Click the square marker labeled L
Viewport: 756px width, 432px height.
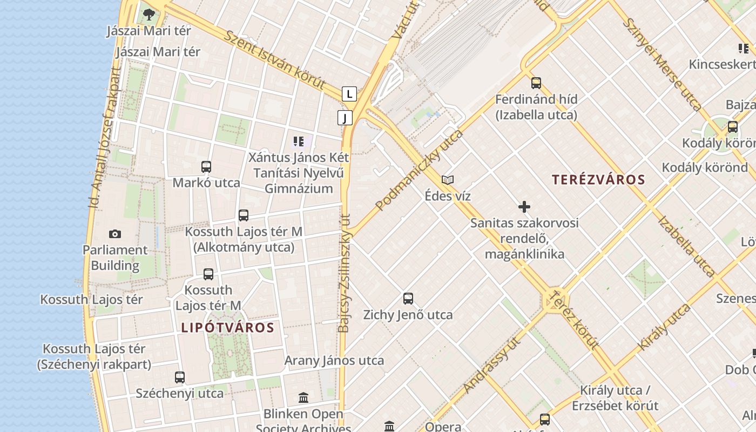[349, 94]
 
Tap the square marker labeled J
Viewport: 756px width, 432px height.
[345, 118]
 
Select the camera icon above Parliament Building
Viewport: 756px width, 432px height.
[115, 234]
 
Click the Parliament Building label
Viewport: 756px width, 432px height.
[115, 258]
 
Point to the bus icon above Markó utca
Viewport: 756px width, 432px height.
[206, 167]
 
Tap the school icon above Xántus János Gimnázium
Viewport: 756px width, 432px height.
[299, 142]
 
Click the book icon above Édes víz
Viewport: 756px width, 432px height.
[448, 180]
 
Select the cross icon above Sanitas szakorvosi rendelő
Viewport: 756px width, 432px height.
[524, 207]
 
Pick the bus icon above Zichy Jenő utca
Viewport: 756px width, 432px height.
[408, 299]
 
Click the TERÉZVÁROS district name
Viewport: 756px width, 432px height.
[598, 180]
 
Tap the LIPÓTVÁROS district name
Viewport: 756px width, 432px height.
[228, 327]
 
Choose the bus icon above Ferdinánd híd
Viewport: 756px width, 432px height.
[536, 83]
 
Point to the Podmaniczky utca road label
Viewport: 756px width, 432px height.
[420, 170]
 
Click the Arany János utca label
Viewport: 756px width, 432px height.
[334, 360]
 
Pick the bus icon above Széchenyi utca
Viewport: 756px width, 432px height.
[180, 377]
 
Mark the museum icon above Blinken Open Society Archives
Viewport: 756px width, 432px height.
[303, 398]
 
